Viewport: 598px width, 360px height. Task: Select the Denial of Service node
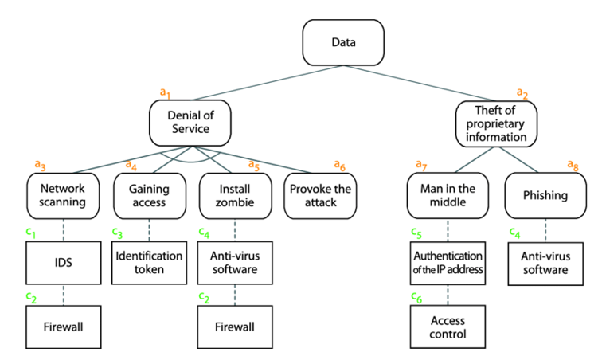point(190,123)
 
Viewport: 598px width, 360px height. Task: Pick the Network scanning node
point(62,195)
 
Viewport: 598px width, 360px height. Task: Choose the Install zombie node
point(235,195)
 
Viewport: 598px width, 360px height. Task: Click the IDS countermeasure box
point(62,261)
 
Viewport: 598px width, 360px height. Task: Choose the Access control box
point(445,327)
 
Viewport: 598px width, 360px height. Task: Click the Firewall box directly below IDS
point(62,327)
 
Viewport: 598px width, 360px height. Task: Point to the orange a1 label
point(166,93)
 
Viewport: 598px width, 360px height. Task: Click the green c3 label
point(117,233)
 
